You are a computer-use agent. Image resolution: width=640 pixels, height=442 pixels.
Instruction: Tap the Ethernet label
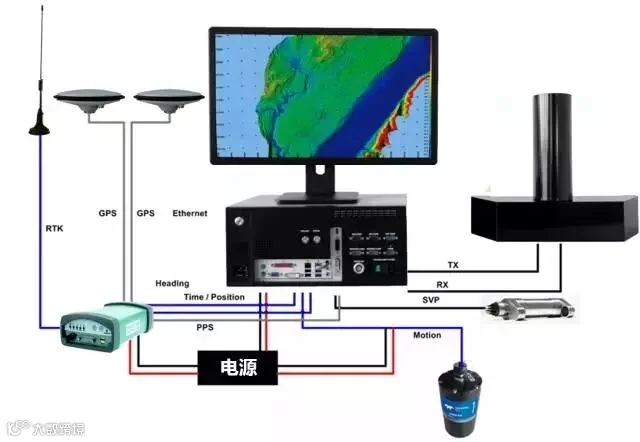[x=190, y=213]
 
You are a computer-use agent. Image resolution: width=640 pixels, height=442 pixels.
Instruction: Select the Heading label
[x=172, y=284]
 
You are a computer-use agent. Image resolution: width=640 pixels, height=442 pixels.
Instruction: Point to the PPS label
[x=205, y=326]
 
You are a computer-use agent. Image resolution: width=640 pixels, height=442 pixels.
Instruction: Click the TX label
[x=453, y=266]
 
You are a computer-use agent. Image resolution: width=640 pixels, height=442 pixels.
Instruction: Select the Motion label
[x=427, y=335]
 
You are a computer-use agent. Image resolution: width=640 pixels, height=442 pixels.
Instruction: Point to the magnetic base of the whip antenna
[x=41, y=124]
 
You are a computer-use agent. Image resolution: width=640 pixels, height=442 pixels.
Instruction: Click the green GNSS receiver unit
[x=104, y=327]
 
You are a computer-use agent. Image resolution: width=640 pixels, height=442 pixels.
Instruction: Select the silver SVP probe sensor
[x=529, y=309]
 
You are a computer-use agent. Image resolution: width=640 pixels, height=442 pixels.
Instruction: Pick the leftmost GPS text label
[x=107, y=213]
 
